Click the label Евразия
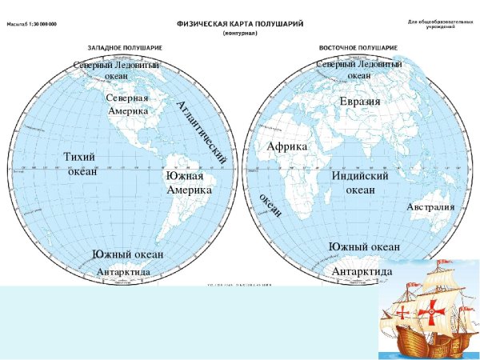(x=359, y=102)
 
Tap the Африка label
(x=286, y=146)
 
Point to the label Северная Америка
(x=128, y=104)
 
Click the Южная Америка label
(x=189, y=182)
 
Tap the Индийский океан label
(x=359, y=182)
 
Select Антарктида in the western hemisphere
(x=123, y=273)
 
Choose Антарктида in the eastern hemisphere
(x=362, y=272)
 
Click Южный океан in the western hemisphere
(x=127, y=254)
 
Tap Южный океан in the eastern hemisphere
(x=364, y=246)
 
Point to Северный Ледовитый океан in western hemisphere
(x=116, y=70)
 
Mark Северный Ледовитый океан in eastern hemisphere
(x=359, y=69)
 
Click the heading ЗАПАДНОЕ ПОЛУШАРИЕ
(x=121, y=48)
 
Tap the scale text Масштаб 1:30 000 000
(x=37, y=25)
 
